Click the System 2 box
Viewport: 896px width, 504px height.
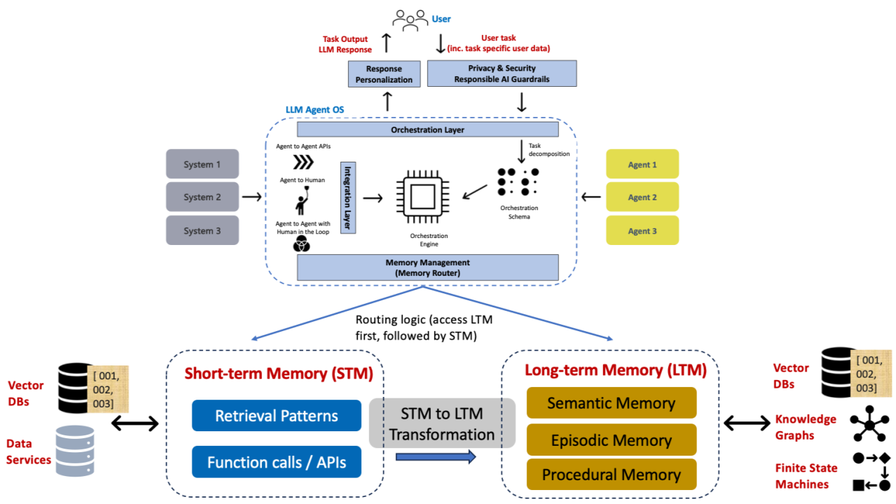pyautogui.click(x=202, y=197)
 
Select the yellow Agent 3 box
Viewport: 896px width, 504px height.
pyautogui.click(x=642, y=230)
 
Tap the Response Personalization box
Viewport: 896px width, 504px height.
pyautogui.click(x=384, y=74)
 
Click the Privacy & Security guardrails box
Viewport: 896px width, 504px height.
pyautogui.click(x=502, y=73)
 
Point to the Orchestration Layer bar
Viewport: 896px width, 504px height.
pyautogui.click(x=427, y=129)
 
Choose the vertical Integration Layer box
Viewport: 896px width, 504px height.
pyautogui.click(x=348, y=197)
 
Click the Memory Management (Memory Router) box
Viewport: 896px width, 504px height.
pyautogui.click(x=427, y=267)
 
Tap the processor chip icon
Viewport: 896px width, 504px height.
pyautogui.click(x=423, y=197)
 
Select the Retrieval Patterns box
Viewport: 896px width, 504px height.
pyautogui.click(x=277, y=416)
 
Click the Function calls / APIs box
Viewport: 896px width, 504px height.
pyautogui.click(x=277, y=462)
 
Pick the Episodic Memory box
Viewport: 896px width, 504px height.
pyautogui.click(x=612, y=440)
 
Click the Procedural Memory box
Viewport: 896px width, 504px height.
pyautogui.click(x=612, y=475)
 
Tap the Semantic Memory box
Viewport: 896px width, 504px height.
pyautogui.click(x=612, y=403)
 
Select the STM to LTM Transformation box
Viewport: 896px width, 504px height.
pyautogui.click(x=442, y=423)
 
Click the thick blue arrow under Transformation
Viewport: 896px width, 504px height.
pyautogui.click(x=436, y=457)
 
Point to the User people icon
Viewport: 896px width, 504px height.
pyautogui.click(x=411, y=20)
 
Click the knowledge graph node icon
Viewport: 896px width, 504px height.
pyautogui.click(x=869, y=423)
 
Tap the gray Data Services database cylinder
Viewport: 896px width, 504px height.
pyautogui.click(x=75, y=451)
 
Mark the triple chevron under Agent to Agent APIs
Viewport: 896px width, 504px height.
pyautogui.click(x=303, y=162)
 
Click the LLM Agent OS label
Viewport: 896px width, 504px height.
pyautogui.click(x=315, y=109)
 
